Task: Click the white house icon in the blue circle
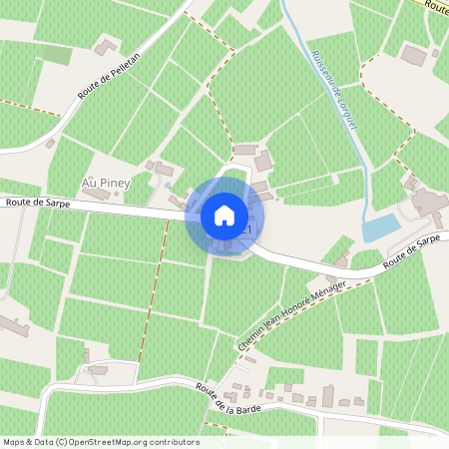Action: pos(224,215)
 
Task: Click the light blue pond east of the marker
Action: pos(380,227)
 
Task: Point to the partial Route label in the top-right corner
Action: pos(435,6)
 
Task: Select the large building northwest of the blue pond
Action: pos(428,203)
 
